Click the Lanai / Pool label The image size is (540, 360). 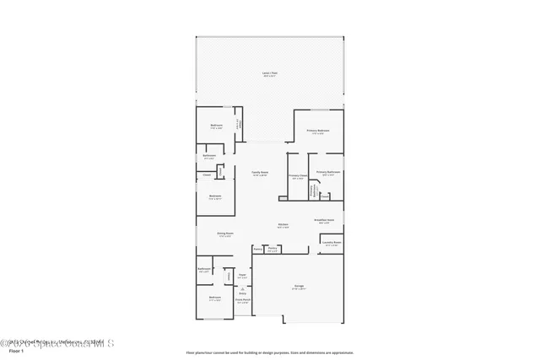tap(269, 73)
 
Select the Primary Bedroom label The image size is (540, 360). tap(317, 131)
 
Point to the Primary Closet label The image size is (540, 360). tap(297, 177)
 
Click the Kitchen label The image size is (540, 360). tap(283, 224)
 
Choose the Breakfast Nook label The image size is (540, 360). tap(325, 220)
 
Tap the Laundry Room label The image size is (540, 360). tap(332, 243)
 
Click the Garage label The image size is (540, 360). tap(299, 287)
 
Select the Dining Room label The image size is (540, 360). tap(224, 234)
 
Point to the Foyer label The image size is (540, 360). tap(242, 275)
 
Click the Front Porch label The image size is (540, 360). tap(242, 300)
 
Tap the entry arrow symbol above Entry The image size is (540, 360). tap(242, 288)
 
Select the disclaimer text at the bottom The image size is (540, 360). tap(269, 352)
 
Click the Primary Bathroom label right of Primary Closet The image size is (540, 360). tap(327, 172)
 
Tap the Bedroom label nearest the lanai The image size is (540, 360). tap(216, 126)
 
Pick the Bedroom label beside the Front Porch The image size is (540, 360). tap(215, 298)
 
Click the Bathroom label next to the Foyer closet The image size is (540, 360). tap(203, 271)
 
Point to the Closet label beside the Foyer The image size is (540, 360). tap(228, 274)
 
